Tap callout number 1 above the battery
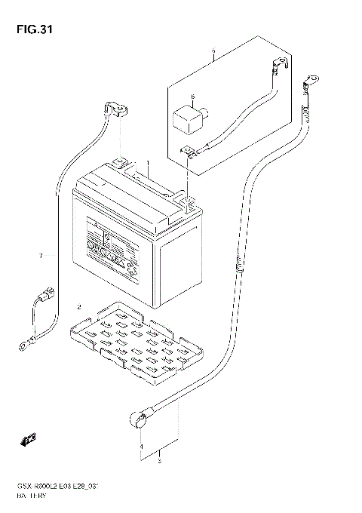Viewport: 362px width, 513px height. (x=149, y=164)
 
